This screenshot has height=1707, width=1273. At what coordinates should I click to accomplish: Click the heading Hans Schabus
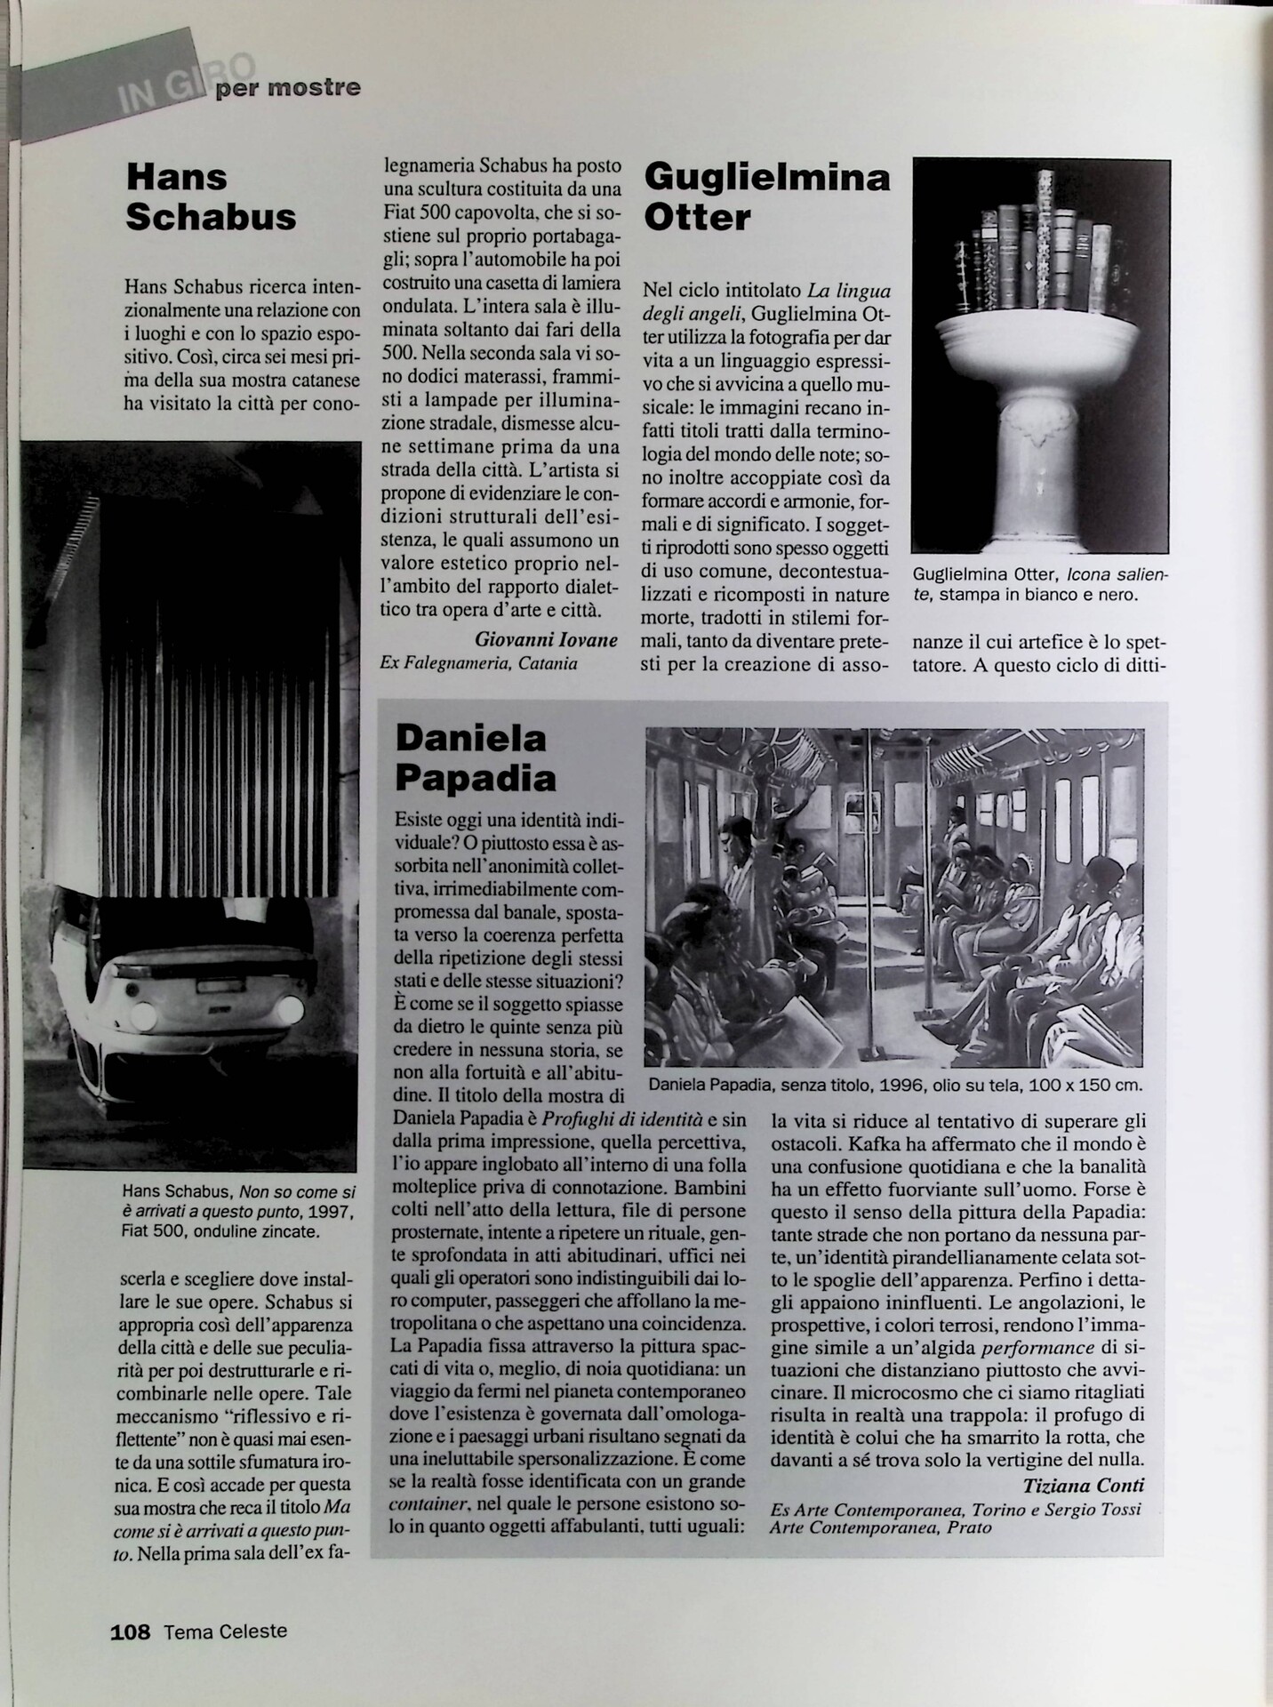211,196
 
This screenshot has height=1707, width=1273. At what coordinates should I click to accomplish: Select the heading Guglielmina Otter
766,196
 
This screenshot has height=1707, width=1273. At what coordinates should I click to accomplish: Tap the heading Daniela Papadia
476,757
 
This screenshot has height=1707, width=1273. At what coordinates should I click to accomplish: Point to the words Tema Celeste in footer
225,1631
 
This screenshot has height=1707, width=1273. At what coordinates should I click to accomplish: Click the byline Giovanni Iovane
546,639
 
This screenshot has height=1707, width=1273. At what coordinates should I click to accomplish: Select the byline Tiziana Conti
1083,1486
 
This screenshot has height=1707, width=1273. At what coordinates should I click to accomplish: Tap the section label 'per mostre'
287,88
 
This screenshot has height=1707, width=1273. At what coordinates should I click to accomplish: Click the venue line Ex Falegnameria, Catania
478,663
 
